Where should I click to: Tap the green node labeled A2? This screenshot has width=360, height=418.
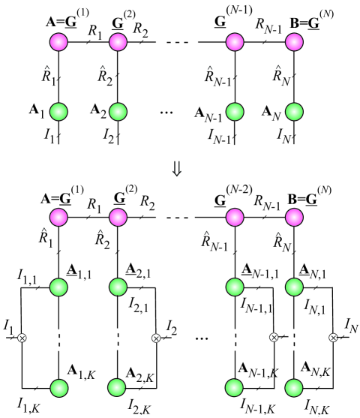point(117,111)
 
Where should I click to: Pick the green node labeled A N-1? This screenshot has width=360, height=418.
point(235,111)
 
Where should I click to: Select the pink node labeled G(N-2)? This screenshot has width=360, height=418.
point(235,218)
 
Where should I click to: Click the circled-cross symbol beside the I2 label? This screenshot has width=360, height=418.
point(155,338)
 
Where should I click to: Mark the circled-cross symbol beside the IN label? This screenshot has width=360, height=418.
point(332,338)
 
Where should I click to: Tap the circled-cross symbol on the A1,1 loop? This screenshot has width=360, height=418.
point(21,338)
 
